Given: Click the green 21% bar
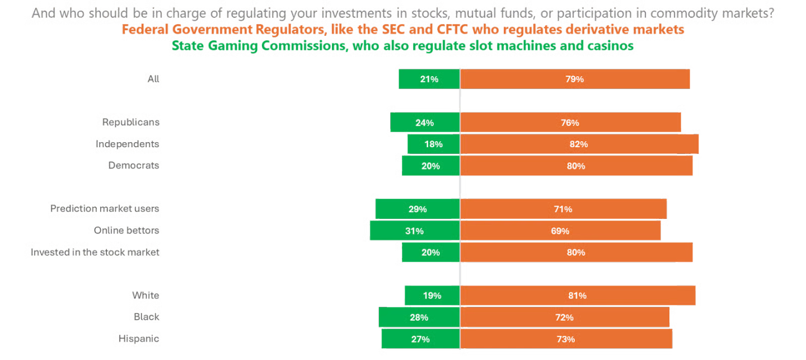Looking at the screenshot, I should click(429, 79).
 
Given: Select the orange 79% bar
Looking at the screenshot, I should click(575, 79).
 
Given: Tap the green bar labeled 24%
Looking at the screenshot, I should click(425, 123).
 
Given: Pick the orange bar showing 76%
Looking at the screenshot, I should click(571, 123).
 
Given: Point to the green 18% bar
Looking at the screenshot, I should click(433, 144).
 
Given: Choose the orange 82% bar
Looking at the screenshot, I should click(579, 144).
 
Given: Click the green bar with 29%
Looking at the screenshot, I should click(417, 209).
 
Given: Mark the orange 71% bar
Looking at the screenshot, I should click(564, 209).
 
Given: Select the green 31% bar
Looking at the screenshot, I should click(414, 231).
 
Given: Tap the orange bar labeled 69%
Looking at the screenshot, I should click(560, 231).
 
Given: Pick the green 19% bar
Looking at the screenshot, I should click(432, 296).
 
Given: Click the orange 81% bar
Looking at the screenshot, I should click(578, 296).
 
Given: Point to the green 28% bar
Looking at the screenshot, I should click(419, 317).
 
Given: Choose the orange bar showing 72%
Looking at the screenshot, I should click(565, 317).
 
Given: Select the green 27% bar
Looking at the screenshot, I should click(420, 339).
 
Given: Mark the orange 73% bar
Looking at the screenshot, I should click(566, 339).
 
